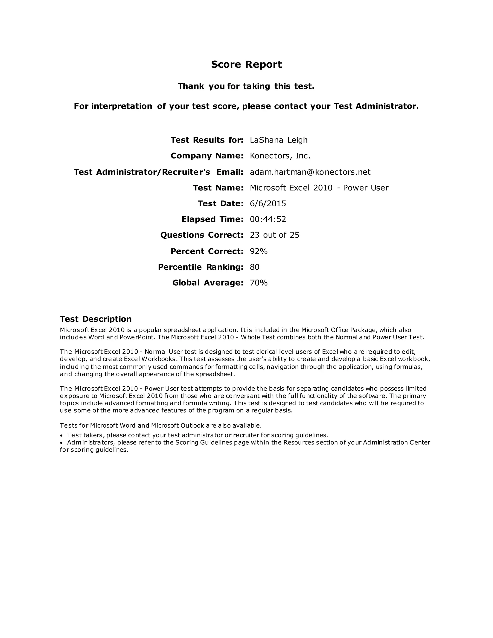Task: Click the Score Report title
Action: [x=246, y=64]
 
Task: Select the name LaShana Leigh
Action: [x=279, y=140]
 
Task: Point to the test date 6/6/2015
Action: [x=268, y=203]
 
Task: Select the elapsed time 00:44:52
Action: [x=268, y=219]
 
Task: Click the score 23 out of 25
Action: [x=274, y=235]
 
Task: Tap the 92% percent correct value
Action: [x=259, y=251]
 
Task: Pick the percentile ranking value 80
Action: [x=255, y=267]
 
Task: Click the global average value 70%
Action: [x=259, y=283]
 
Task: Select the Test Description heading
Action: [x=96, y=319]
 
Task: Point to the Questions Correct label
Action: [x=201, y=235]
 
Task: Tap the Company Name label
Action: [x=207, y=156]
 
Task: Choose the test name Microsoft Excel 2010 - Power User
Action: [x=319, y=188]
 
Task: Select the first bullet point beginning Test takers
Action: [x=197, y=435]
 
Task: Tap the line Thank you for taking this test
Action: [x=246, y=86]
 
